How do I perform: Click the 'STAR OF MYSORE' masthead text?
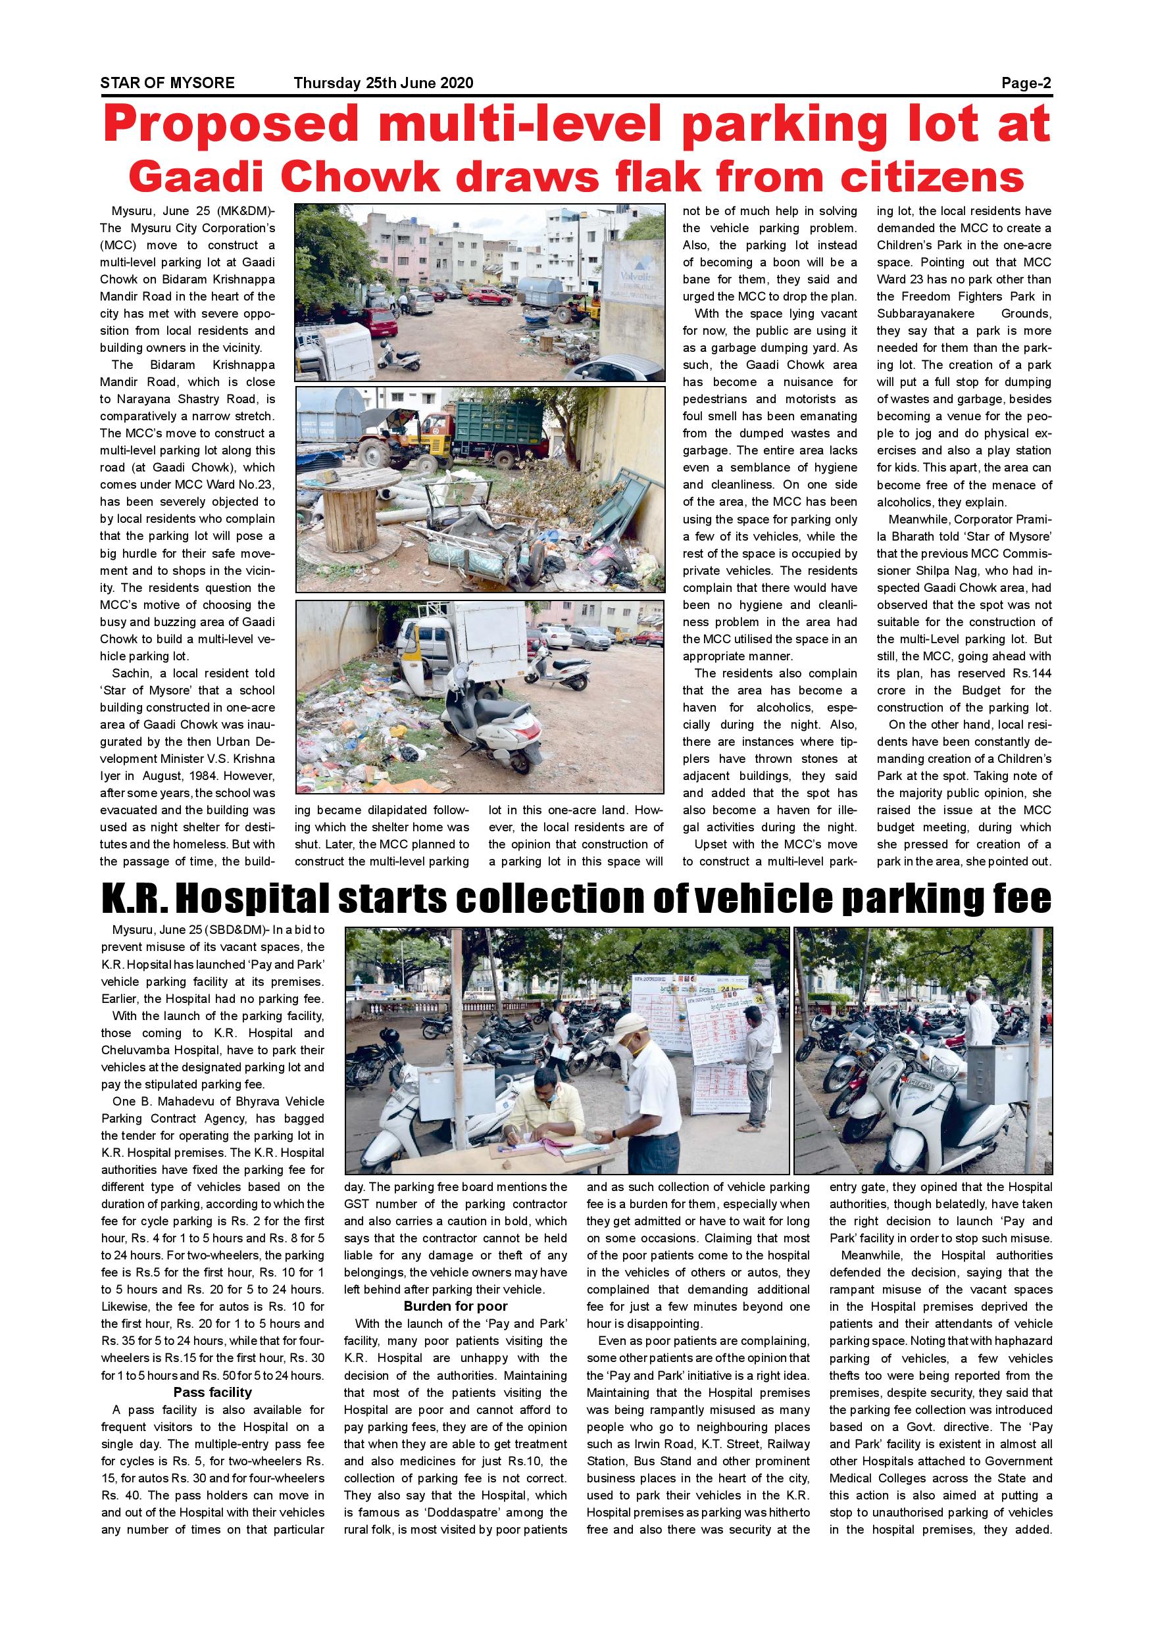click(167, 83)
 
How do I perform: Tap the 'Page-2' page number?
click(1026, 83)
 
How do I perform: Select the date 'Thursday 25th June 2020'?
click(383, 83)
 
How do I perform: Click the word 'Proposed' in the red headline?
click(232, 126)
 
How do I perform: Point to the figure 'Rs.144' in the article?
click(1032, 673)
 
